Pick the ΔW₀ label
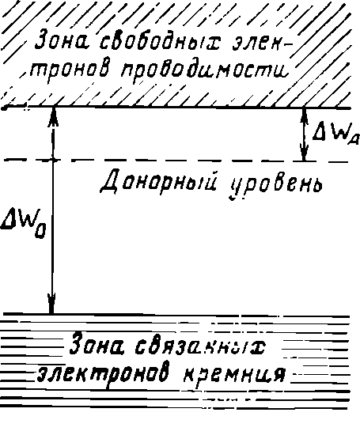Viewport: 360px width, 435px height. point(23,225)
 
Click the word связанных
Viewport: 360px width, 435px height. point(199,346)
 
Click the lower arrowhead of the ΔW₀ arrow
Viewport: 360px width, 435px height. point(51,303)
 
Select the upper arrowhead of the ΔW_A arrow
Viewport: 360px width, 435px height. point(304,115)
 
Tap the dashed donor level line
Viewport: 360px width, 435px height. point(176,161)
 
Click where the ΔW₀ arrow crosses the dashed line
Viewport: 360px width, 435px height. point(53,160)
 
